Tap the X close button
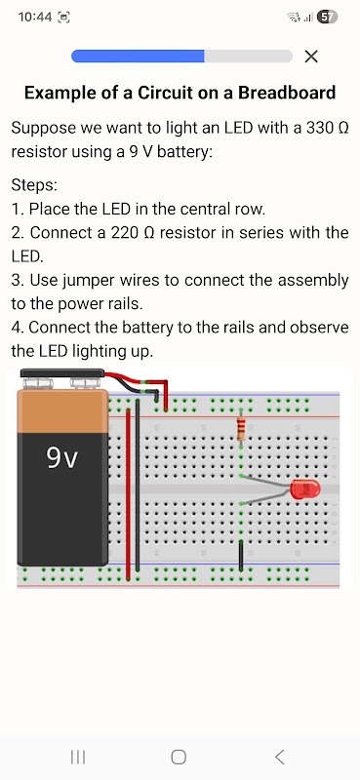311,57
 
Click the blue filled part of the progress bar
138,57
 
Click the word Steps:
34,186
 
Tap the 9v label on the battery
62,457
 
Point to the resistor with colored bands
241,428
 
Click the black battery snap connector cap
62,373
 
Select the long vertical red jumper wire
129,494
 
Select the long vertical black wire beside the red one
138,489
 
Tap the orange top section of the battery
62,411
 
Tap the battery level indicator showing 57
327,18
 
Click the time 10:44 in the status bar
35,17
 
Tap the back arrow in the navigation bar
280,757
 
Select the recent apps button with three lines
78,757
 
